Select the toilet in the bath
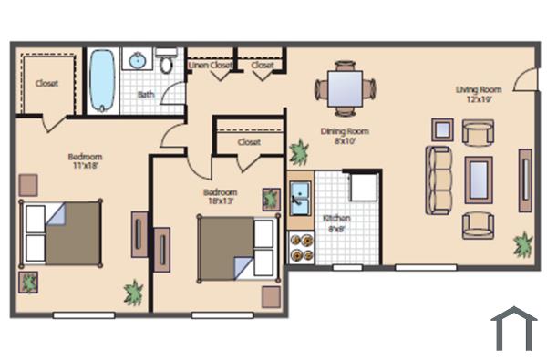[166, 62]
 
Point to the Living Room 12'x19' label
[479, 94]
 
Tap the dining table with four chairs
[346, 89]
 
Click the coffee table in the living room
[479, 180]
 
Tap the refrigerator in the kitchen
[364, 188]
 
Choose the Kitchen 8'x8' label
[335, 224]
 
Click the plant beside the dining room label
[298, 150]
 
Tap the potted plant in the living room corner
[523, 243]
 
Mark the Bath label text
[146, 94]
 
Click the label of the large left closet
[46, 83]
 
